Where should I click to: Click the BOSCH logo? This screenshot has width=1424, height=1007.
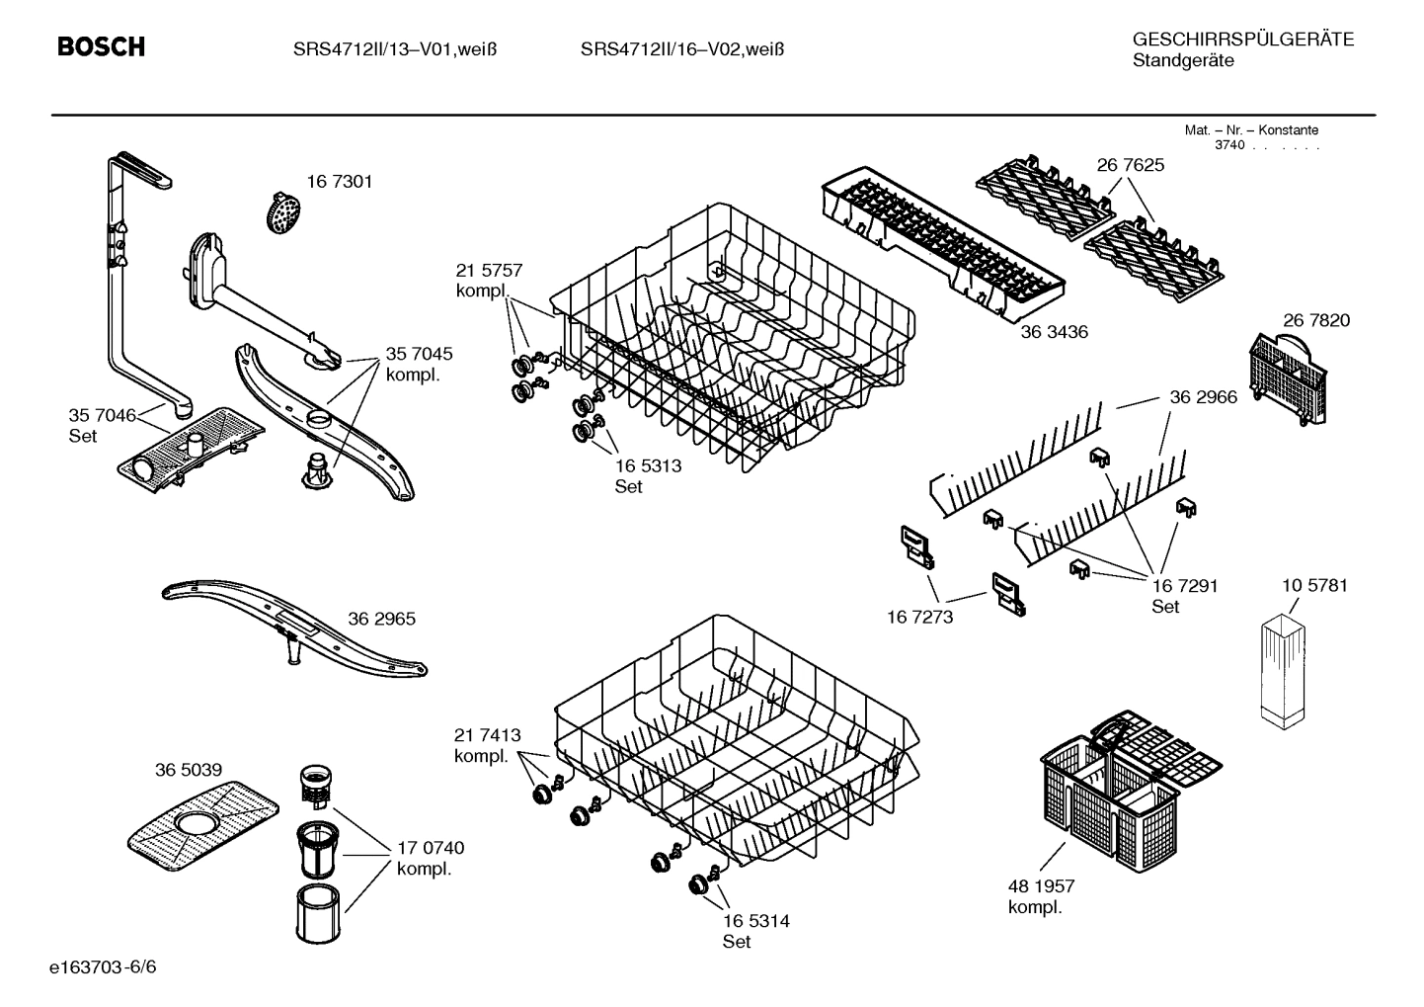(101, 46)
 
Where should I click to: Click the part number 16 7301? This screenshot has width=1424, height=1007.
(339, 182)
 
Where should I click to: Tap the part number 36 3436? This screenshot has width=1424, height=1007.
(1054, 332)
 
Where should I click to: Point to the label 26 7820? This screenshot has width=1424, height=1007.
(1316, 320)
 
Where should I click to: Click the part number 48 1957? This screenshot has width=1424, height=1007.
(1041, 886)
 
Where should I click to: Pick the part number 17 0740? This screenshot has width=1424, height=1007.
(430, 848)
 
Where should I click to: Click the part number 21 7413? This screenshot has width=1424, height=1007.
(487, 735)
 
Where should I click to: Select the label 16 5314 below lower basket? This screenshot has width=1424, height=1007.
(755, 921)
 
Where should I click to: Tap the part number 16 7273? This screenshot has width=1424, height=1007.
(919, 617)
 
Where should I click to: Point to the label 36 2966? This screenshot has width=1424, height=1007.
(1203, 397)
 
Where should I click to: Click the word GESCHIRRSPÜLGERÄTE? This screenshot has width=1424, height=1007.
(1242, 40)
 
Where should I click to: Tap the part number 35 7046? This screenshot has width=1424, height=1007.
(102, 415)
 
